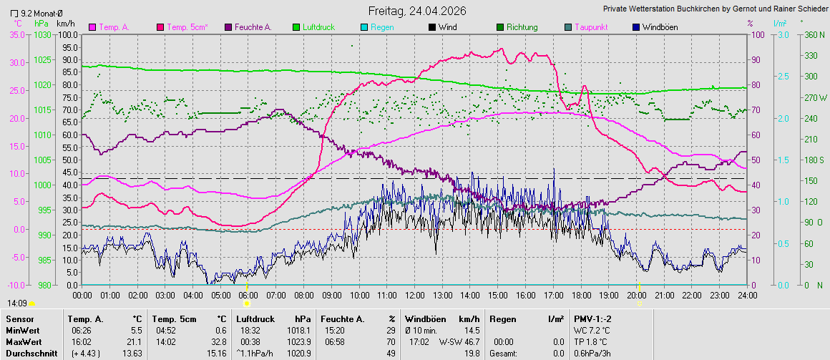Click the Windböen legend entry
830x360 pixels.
(x=659, y=27)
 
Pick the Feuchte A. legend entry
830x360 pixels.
(x=249, y=27)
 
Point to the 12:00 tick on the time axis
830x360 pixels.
(x=414, y=295)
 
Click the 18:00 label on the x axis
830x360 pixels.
(x=580, y=295)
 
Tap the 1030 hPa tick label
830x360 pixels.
(x=43, y=34)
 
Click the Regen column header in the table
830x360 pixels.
(x=503, y=318)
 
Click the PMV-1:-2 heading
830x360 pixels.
(x=593, y=318)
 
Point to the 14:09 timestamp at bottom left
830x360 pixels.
(x=17, y=303)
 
